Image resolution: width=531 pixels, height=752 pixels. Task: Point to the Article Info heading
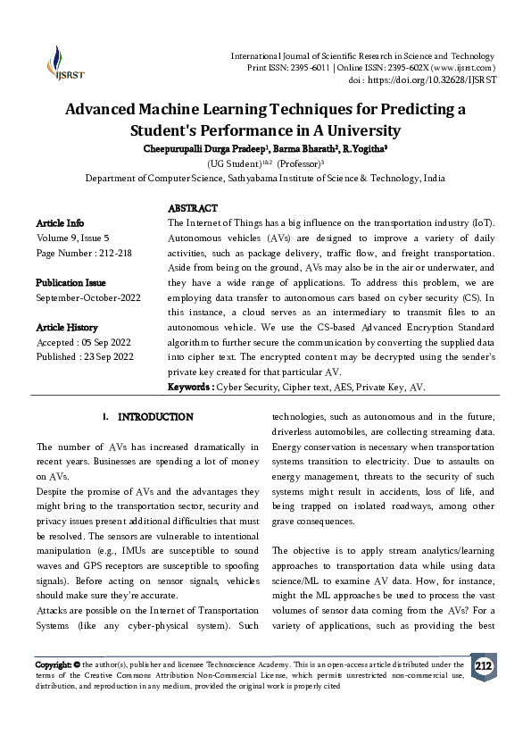click(x=60, y=222)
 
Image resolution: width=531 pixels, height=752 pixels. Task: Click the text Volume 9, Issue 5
click(x=72, y=238)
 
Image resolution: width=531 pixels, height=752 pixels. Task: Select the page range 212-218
click(x=114, y=253)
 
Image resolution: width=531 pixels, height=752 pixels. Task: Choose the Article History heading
click(x=67, y=328)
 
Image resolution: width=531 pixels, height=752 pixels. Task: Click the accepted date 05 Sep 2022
click(x=108, y=343)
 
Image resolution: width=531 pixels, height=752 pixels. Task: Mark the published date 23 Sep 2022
click(x=109, y=357)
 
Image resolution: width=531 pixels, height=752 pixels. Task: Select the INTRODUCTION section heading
click(x=155, y=417)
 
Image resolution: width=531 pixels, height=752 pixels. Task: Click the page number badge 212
click(x=483, y=666)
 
